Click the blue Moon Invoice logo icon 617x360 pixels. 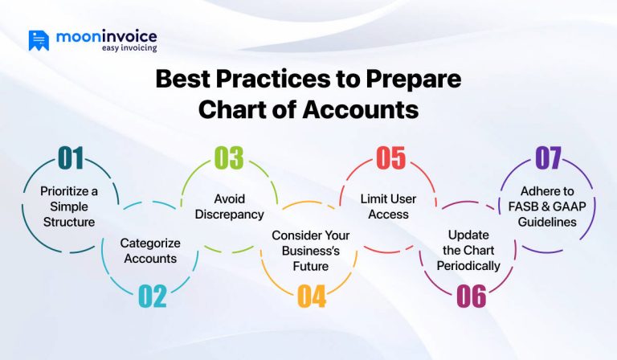(39, 40)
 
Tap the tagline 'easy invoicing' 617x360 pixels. (129, 48)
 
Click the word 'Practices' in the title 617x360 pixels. (272, 79)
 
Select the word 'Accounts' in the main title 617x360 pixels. (360, 109)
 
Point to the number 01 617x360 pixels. (71, 158)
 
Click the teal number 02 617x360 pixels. (153, 297)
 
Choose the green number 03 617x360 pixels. (229, 158)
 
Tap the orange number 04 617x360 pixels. (312, 297)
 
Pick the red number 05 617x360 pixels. (390, 158)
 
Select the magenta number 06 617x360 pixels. (472, 297)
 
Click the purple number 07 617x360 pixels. (548, 158)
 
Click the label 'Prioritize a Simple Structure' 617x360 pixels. (69, 207)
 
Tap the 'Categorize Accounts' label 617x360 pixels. (150, 251)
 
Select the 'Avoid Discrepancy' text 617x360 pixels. (230, 207)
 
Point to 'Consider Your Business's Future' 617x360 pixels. (310, 251)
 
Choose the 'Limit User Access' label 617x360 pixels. (388, 207)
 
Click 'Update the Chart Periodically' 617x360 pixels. (468, 250)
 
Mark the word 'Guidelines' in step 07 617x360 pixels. (547, 222)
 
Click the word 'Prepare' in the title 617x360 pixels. (414, 80)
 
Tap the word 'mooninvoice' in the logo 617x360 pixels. (107, 37)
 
